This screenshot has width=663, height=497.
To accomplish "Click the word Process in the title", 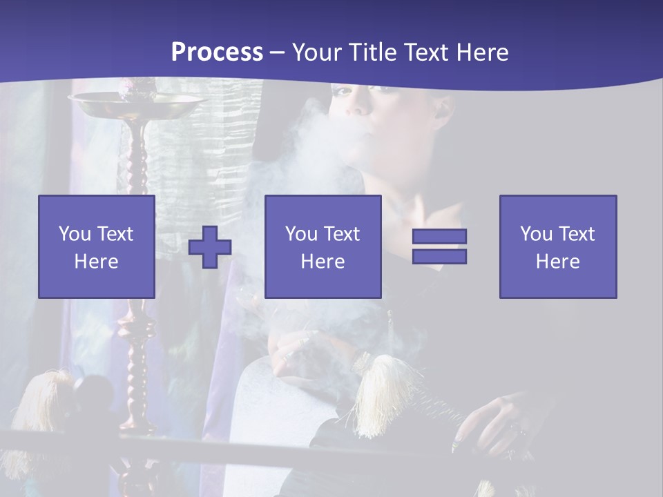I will [x=217, y=52].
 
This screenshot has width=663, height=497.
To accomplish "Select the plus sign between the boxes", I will [x=210, y=246].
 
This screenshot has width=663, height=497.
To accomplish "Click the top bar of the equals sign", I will [x=439, y=236].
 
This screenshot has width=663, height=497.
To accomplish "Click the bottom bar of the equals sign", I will [x=439, y=257].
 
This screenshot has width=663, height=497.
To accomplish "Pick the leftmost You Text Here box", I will [x=97, y=246].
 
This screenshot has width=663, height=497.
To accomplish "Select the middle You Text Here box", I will [x=323, y=246].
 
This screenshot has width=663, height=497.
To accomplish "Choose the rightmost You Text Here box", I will [x=558, y=246].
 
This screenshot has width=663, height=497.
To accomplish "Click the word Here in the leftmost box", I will [x=97, y=262].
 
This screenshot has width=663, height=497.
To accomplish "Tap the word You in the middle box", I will [x=301, y=234].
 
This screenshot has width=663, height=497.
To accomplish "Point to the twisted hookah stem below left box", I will [x=138, y=359].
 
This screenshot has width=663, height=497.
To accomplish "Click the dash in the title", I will [x=276, y=52].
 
